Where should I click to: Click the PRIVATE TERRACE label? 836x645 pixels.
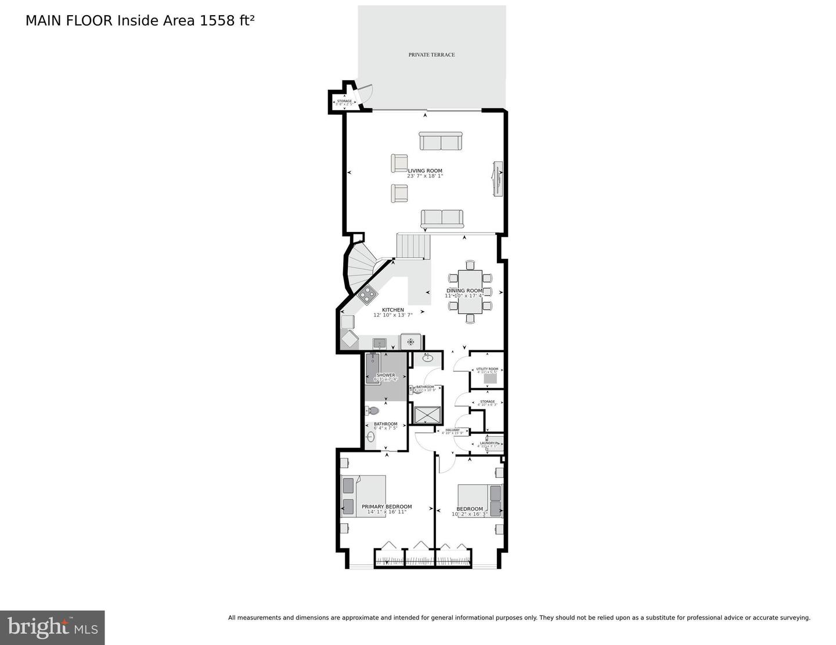pyautogui.click(x=431, y=55)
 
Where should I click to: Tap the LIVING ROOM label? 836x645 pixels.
pyautogui.click(x=425, y=171)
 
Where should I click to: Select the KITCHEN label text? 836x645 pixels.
pyautogui.click(x=393, y=310)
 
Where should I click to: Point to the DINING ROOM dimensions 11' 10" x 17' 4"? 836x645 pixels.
pyautogui.click(x=464, y=296)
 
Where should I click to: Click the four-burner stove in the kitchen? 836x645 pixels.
pyautogui.click(x=367, y=295)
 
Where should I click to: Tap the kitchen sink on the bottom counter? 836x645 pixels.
pyautogui.click(x=380, y=343)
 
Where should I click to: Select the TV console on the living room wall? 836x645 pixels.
pyautogui.click(x=498, y=179)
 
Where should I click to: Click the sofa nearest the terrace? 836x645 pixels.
pyautogui.click(x=441, y=142)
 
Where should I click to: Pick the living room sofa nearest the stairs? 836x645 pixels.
pyautogui.click(x=442, y=218)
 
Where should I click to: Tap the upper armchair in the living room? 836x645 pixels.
pyautogui.click(x=399, y=162)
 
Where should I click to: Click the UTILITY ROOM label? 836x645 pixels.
pyautogui.click(x=487, y=369)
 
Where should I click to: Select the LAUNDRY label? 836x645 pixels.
pyautogui.click(x=487, y=443)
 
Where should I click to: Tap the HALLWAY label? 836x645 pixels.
pyautogui.click(x=452, y=430)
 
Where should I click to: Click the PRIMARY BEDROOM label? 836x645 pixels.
pyautogui.click(x=387, y=506)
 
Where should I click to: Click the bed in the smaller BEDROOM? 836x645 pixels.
pyautogui.click(x=480, y=500)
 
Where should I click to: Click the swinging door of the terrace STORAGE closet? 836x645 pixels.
pyautogui.click(x=366, y=94)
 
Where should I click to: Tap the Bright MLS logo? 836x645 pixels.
pyautogui.click(x=52, y=628)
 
